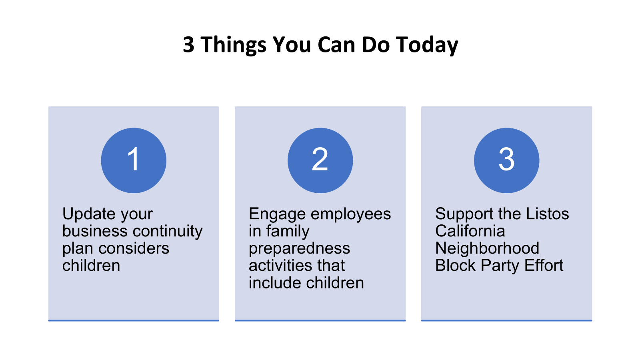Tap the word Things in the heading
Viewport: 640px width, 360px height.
(x=234, y=45)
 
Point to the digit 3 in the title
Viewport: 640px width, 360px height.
(x=188, y=44)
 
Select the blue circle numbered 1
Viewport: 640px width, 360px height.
(x=134, y=160)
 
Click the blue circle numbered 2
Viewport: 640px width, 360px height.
(x=320, y=160)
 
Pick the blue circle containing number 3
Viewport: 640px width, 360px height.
(x=506, y=160)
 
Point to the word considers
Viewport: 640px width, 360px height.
(x=134, y=248)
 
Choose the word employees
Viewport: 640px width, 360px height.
(x=350, y=214)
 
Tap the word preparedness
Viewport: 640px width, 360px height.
(x=300, y=248)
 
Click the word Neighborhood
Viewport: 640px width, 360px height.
(x=487, y=248)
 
